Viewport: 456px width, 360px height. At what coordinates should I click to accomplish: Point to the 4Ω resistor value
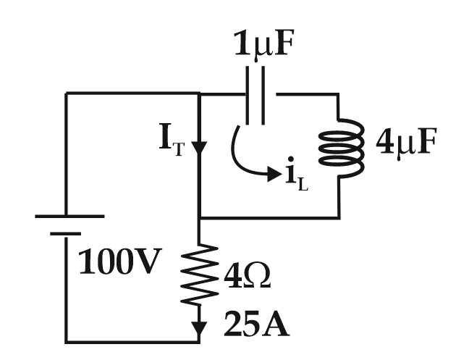(x=245, y=277)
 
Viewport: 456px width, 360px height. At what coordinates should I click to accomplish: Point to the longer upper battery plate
(x=67, y=216)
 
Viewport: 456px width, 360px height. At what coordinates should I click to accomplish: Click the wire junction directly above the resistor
(x=199, y=218)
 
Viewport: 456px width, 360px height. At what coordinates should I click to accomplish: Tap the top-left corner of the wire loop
(x=67, y=93)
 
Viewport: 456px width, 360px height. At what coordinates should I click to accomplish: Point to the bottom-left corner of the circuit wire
(x=67, y=341)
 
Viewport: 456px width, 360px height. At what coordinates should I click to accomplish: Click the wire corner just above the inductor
(x=339, y=93)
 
